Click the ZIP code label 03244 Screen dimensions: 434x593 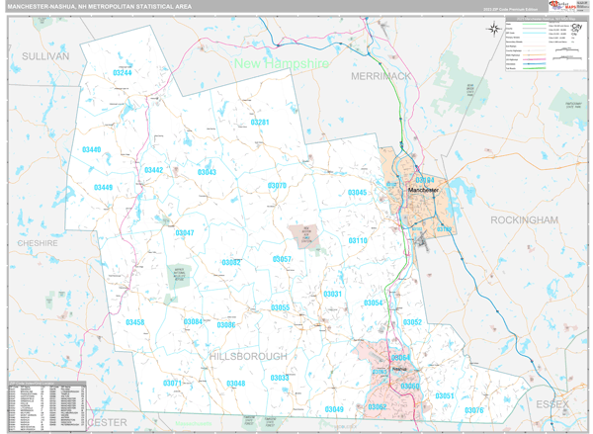[123, 73]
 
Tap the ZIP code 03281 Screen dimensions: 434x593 [260, 123]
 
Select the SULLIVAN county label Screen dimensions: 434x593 [45, 56]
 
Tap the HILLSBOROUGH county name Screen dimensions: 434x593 [248, 355]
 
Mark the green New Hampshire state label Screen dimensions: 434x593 [281, 63]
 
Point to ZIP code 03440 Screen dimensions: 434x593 [91, 150]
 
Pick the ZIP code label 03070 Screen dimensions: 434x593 [277, 186]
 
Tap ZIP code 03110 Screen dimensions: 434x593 [357, 241]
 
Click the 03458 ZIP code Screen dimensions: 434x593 [134, 322]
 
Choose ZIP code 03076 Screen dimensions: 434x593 [474, 409]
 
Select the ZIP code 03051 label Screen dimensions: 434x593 [445, 395]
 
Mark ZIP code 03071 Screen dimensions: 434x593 [172, 383]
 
